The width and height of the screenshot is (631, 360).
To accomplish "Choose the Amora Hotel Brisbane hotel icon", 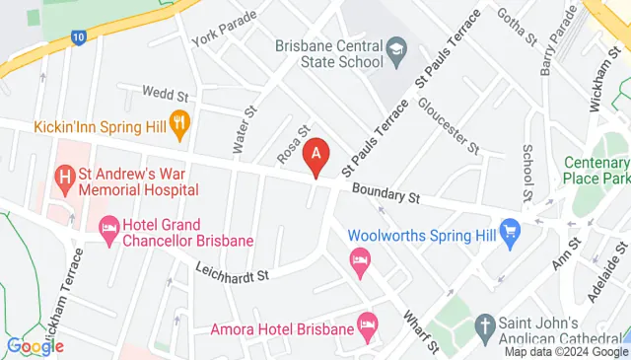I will click(x=368, y=323).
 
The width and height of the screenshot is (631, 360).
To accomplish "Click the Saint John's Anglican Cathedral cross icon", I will click(x=484, y=324).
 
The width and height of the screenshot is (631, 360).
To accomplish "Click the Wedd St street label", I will click(x=165, y=96).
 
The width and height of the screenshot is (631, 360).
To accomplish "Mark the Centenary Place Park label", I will click(x=596, y=171).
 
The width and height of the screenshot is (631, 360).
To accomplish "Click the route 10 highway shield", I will click(x=77, y=37).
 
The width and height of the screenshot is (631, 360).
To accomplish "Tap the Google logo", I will click(x=35, y=345).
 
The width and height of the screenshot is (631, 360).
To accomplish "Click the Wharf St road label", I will click(x=418, y=330).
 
